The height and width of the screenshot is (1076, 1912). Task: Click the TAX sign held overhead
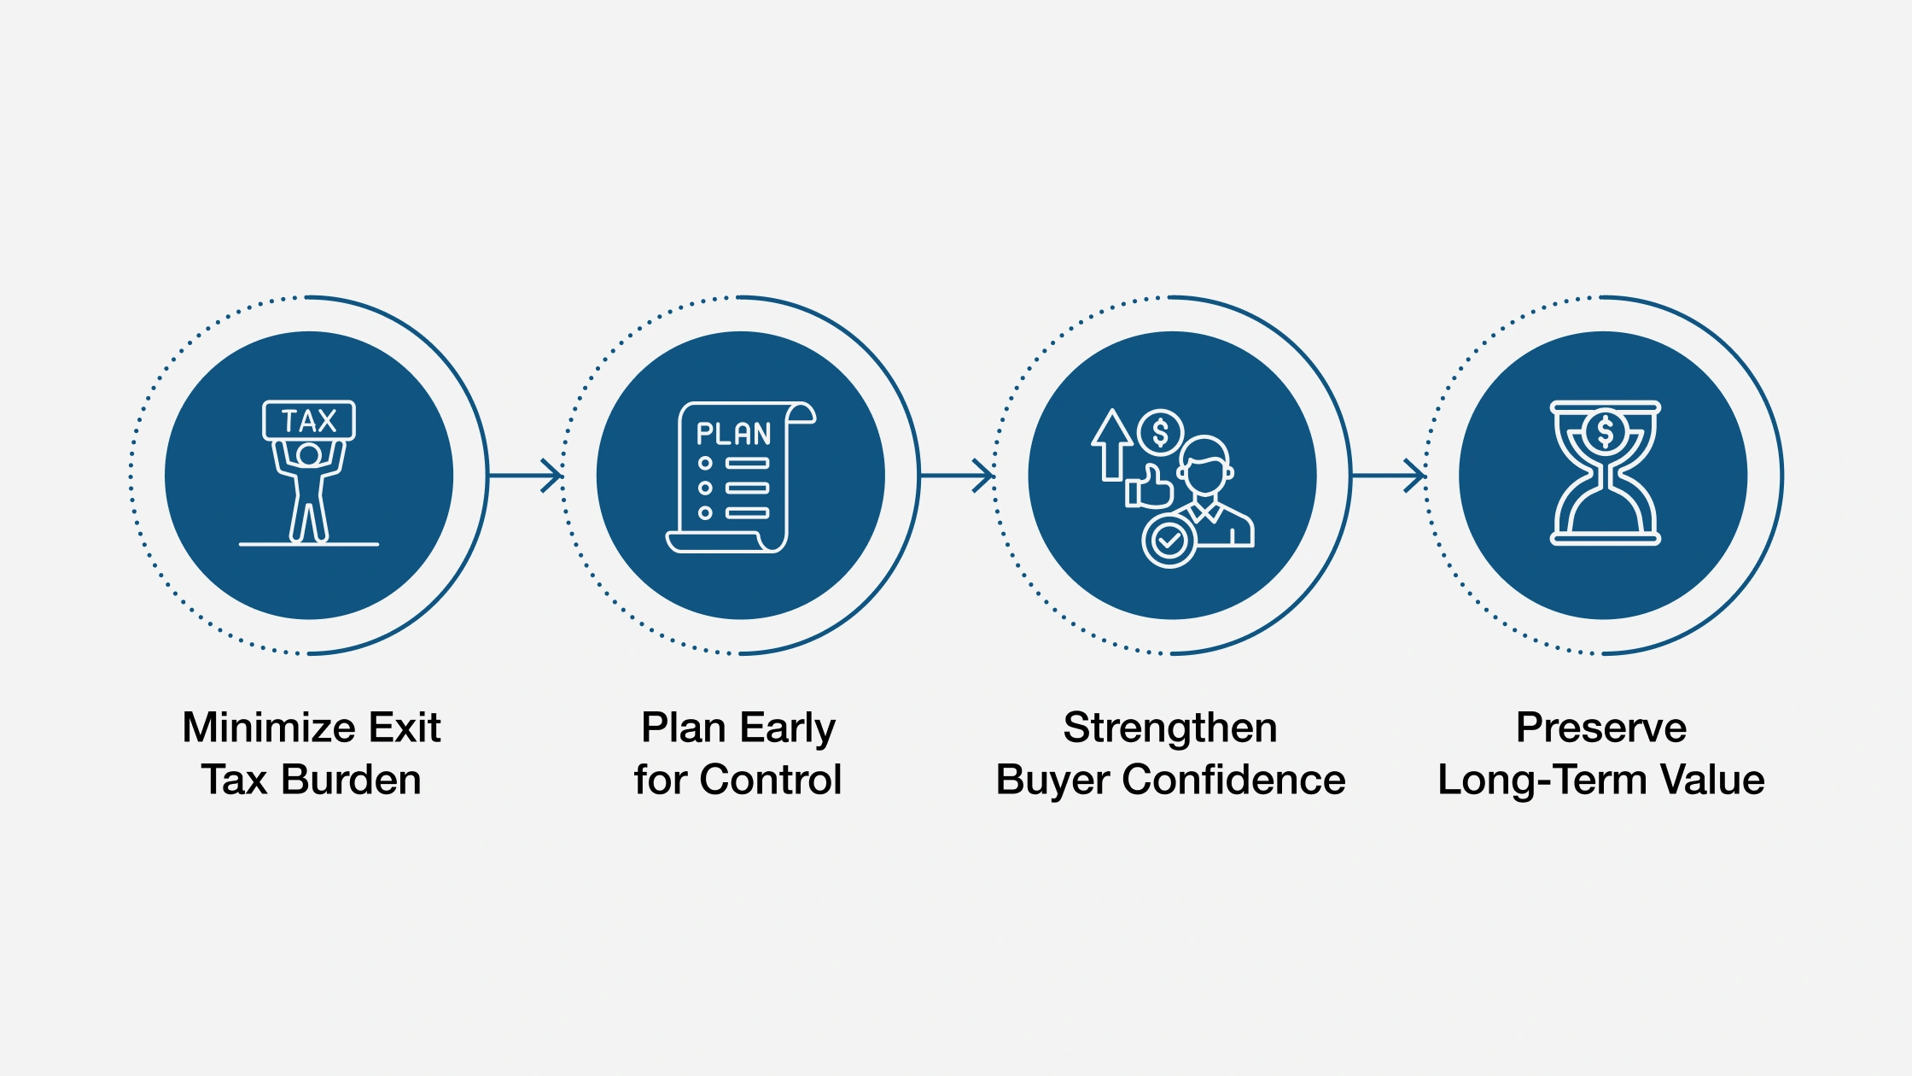tap(308, 420)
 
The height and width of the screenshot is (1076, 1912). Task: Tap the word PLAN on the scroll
tap(733, 434)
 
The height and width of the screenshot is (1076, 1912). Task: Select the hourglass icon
tap(1605, 473)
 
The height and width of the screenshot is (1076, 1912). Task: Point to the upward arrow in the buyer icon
tap(1111, 444)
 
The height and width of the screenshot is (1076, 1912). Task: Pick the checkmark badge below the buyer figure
tap(1169, 541)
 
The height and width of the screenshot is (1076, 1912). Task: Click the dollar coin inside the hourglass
tap(1605, 431)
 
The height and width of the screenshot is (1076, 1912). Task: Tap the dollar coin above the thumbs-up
tap(1160, 433)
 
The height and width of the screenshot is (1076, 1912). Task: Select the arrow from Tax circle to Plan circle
tap(526, 475)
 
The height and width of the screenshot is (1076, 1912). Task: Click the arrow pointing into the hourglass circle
tap(1389, 475)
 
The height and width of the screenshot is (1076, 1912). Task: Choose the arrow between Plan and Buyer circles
tap(957, 475)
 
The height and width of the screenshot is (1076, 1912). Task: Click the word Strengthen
tap(1170, 728)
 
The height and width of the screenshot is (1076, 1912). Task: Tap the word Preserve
tap(1601, 728)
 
